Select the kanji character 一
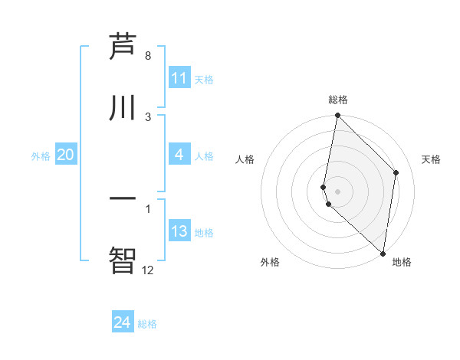click(123, 198)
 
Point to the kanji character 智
click(123, 258)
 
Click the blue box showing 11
click(179, 78)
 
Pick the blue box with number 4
click(179, 155)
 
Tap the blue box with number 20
click(66, 155)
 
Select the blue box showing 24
click(123, 323)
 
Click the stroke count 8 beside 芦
click(148, 56)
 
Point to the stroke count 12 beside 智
click(147, 269)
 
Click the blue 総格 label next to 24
click(147, 324)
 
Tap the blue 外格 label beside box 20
click(41, 155)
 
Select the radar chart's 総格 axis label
click(338, 100)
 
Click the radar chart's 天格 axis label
click(431, 159)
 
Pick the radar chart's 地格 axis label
click(402, 262)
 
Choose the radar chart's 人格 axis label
click(245, 159)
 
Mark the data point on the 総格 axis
click(337, 115)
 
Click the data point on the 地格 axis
click(383, 254)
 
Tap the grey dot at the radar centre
click(337, 191)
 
